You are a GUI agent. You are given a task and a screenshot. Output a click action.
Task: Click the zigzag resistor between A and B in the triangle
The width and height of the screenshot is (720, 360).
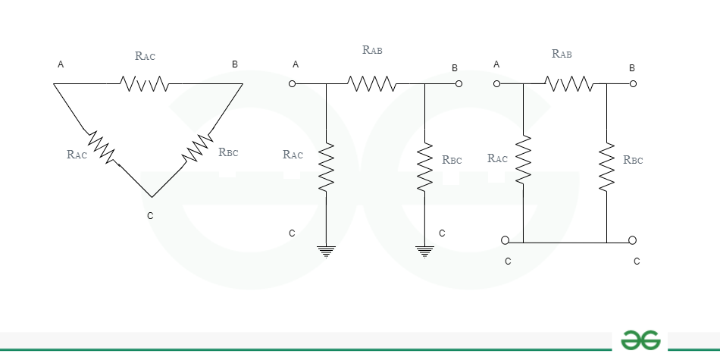click(x=144, y=83)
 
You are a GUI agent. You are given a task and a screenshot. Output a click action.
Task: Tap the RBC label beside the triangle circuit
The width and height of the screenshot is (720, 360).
click(x=228, y=152)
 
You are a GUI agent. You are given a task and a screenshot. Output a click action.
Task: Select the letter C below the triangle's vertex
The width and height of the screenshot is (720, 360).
click(x=150, y=216)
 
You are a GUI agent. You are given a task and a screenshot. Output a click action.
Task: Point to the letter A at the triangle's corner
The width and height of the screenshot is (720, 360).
click(x=61, y=64)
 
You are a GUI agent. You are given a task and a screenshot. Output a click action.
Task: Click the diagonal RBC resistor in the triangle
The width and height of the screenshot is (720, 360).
click(x=198, y=148)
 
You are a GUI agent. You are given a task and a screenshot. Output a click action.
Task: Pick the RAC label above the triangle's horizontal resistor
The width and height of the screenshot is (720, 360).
click(x=145, y=56)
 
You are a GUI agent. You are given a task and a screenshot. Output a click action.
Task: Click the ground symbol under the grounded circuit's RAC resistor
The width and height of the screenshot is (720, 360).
click(x=326, y=252)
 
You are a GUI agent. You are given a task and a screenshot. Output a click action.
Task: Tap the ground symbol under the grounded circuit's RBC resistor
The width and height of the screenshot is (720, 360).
click(x=424, y=252)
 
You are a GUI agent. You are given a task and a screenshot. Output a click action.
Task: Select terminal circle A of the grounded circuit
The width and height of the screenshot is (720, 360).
click(x=292, y=83)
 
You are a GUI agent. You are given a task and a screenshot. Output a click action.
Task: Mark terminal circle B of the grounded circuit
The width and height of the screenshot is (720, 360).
click(x=459, y=83)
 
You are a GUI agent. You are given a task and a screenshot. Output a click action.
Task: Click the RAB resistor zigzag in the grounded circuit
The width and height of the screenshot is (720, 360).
click(x=371, y=83)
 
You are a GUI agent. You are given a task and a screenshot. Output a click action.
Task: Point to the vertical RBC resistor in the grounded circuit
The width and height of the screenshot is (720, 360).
click(x=424, y=167)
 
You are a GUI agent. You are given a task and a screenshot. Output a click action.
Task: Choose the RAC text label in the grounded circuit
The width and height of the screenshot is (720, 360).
click(x=293, y=155)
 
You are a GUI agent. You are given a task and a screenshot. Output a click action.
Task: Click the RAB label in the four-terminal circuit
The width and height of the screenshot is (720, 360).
click(x=562, y=54)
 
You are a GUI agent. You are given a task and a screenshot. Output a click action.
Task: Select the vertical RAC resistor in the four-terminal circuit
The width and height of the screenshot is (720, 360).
click(x=523, y=159)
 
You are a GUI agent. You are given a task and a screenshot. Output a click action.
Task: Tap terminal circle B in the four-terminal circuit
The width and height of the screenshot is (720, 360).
click(x=633, y=83)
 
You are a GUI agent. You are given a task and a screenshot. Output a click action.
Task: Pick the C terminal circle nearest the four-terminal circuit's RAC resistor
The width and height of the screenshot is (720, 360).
click(x=505, y=240)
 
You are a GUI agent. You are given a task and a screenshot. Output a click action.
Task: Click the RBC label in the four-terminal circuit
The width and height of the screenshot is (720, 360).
click(x=633, y=160)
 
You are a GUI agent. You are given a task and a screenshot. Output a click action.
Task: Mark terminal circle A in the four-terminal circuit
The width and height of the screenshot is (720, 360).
click(x=496, y=83)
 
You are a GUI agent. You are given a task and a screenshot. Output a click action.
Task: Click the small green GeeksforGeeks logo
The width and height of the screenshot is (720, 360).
click(x=640, y=340)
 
